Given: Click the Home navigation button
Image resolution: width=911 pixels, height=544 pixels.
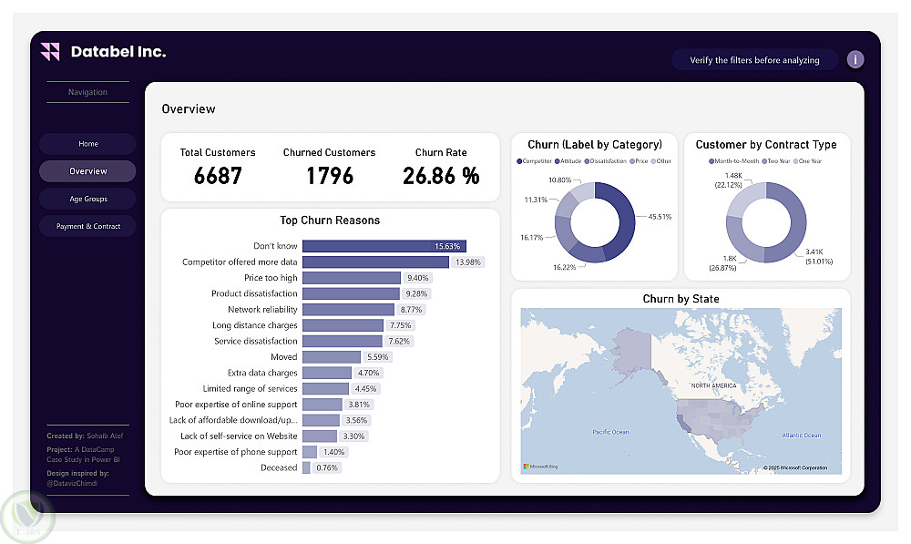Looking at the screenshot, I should [87, 144].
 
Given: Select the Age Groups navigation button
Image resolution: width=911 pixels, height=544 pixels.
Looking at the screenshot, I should [87, 199].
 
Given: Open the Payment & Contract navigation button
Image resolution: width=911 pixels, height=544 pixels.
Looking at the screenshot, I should [87, 226].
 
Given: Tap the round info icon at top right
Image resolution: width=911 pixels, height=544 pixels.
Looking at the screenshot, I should [855, 60].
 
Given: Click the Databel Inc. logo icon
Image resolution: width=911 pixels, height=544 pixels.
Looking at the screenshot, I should [50, 52].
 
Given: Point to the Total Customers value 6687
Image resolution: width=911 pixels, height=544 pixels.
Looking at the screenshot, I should [218, 175].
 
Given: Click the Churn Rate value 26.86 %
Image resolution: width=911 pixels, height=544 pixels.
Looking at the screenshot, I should [441, 175].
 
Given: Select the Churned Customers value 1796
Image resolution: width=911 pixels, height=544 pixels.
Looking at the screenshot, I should [329, 175].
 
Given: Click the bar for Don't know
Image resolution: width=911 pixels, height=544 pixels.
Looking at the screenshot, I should [384, 246].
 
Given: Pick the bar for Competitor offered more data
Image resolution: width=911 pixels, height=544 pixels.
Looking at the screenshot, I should [374, 262].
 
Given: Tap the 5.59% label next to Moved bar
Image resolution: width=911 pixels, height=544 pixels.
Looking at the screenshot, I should [353, 357].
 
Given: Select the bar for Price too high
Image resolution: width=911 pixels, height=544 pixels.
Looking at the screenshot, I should [351, 278].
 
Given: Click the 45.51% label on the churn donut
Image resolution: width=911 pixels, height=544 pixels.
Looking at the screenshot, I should [660, 217].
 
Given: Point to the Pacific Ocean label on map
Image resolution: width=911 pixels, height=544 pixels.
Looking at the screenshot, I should [610, 432].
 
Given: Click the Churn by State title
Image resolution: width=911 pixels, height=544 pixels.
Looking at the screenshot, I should [681, 299].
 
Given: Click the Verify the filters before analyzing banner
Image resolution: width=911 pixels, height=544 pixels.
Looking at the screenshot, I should [754, 60].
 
